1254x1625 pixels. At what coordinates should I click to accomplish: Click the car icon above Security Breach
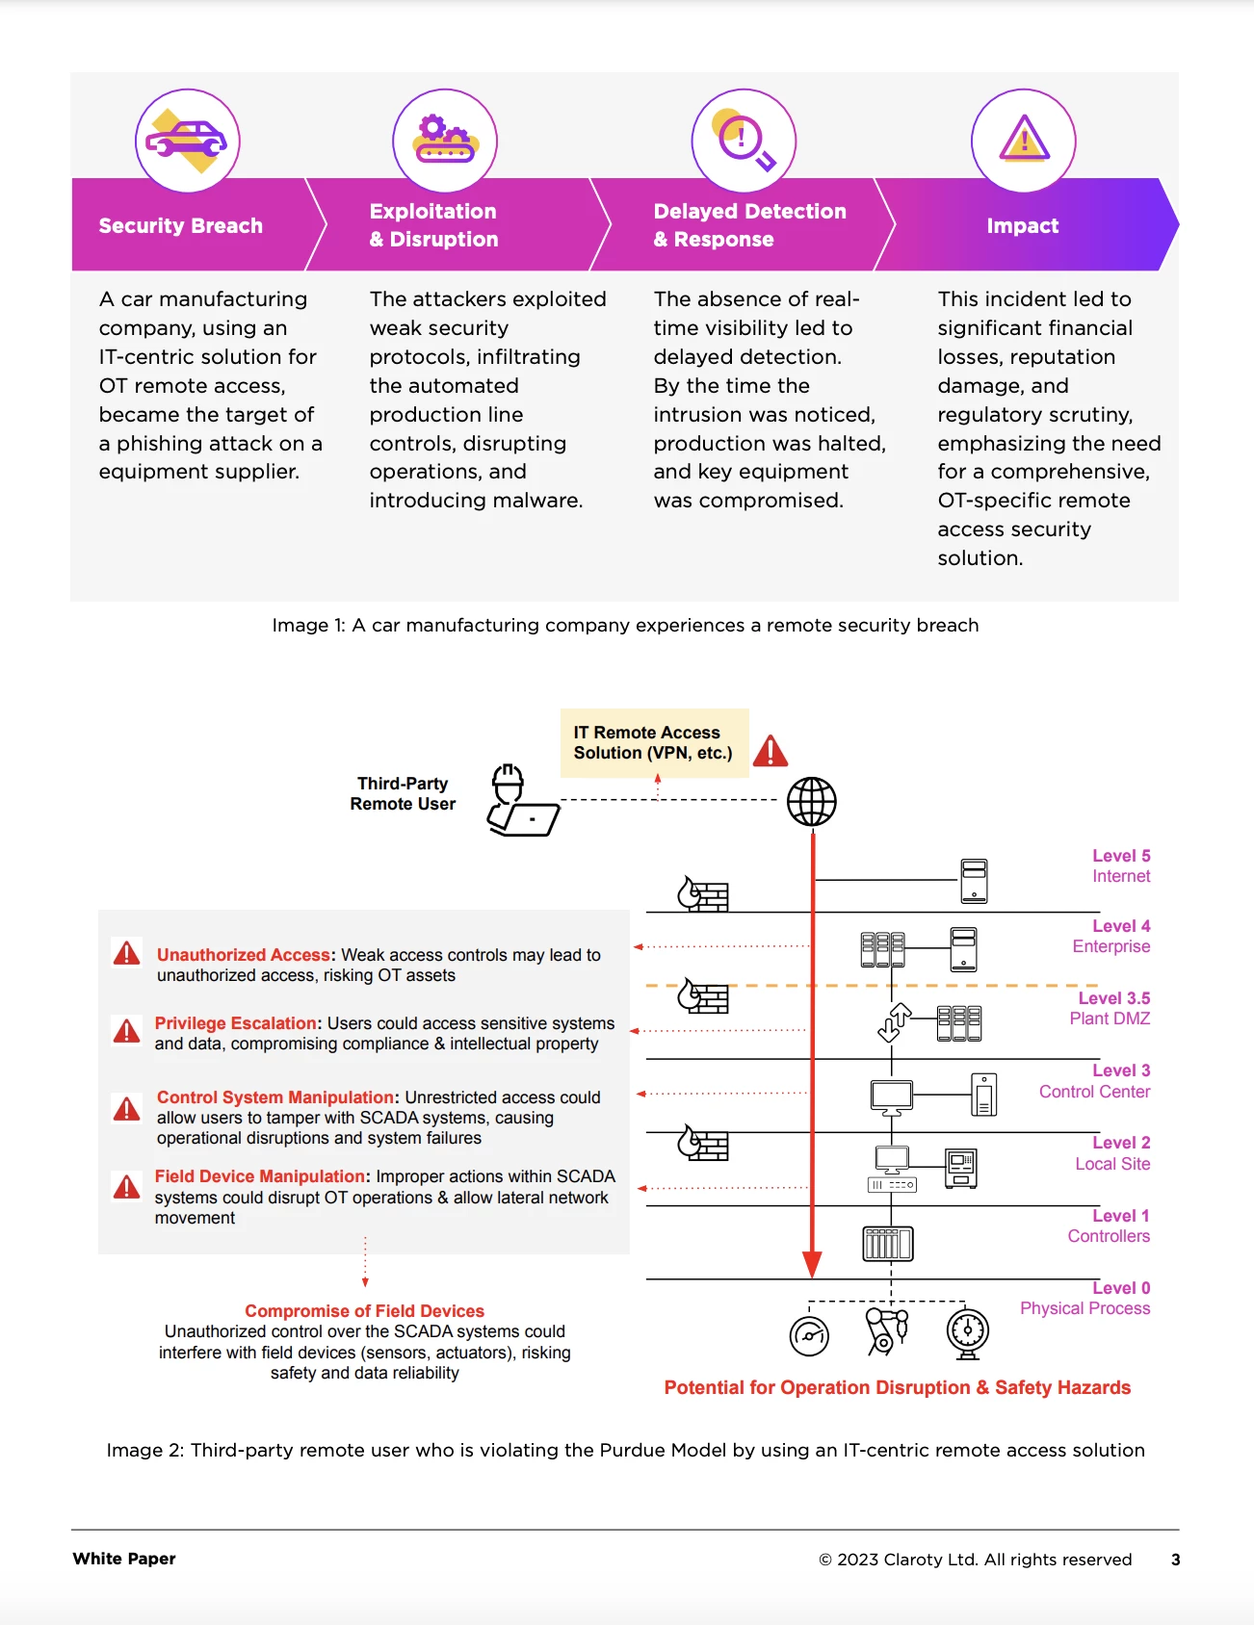187,141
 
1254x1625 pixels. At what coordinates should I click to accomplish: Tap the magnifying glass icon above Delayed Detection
744,141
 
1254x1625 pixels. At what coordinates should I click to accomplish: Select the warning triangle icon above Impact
1023,141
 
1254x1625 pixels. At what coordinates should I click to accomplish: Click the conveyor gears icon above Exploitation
445,141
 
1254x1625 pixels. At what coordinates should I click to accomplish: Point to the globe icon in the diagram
812,801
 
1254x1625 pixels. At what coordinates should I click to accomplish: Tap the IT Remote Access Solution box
654,743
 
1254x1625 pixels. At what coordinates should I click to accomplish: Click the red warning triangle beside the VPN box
771,751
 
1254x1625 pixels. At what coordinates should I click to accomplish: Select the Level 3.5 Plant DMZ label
1110,1008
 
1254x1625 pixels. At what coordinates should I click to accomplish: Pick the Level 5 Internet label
1120,865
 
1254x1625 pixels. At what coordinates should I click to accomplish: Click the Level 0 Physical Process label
1086,1298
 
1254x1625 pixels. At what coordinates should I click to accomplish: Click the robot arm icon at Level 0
887,1331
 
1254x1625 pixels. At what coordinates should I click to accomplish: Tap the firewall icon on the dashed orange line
703,997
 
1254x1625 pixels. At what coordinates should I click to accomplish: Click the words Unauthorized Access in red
244,955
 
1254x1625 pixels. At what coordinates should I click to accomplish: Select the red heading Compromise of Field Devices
364,1311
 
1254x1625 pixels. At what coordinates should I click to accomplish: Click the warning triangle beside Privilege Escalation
126,1031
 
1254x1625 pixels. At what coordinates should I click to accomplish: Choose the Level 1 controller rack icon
887,1244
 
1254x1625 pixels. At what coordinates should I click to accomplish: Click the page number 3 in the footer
1175,1560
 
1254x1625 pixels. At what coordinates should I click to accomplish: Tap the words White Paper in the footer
124,1559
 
